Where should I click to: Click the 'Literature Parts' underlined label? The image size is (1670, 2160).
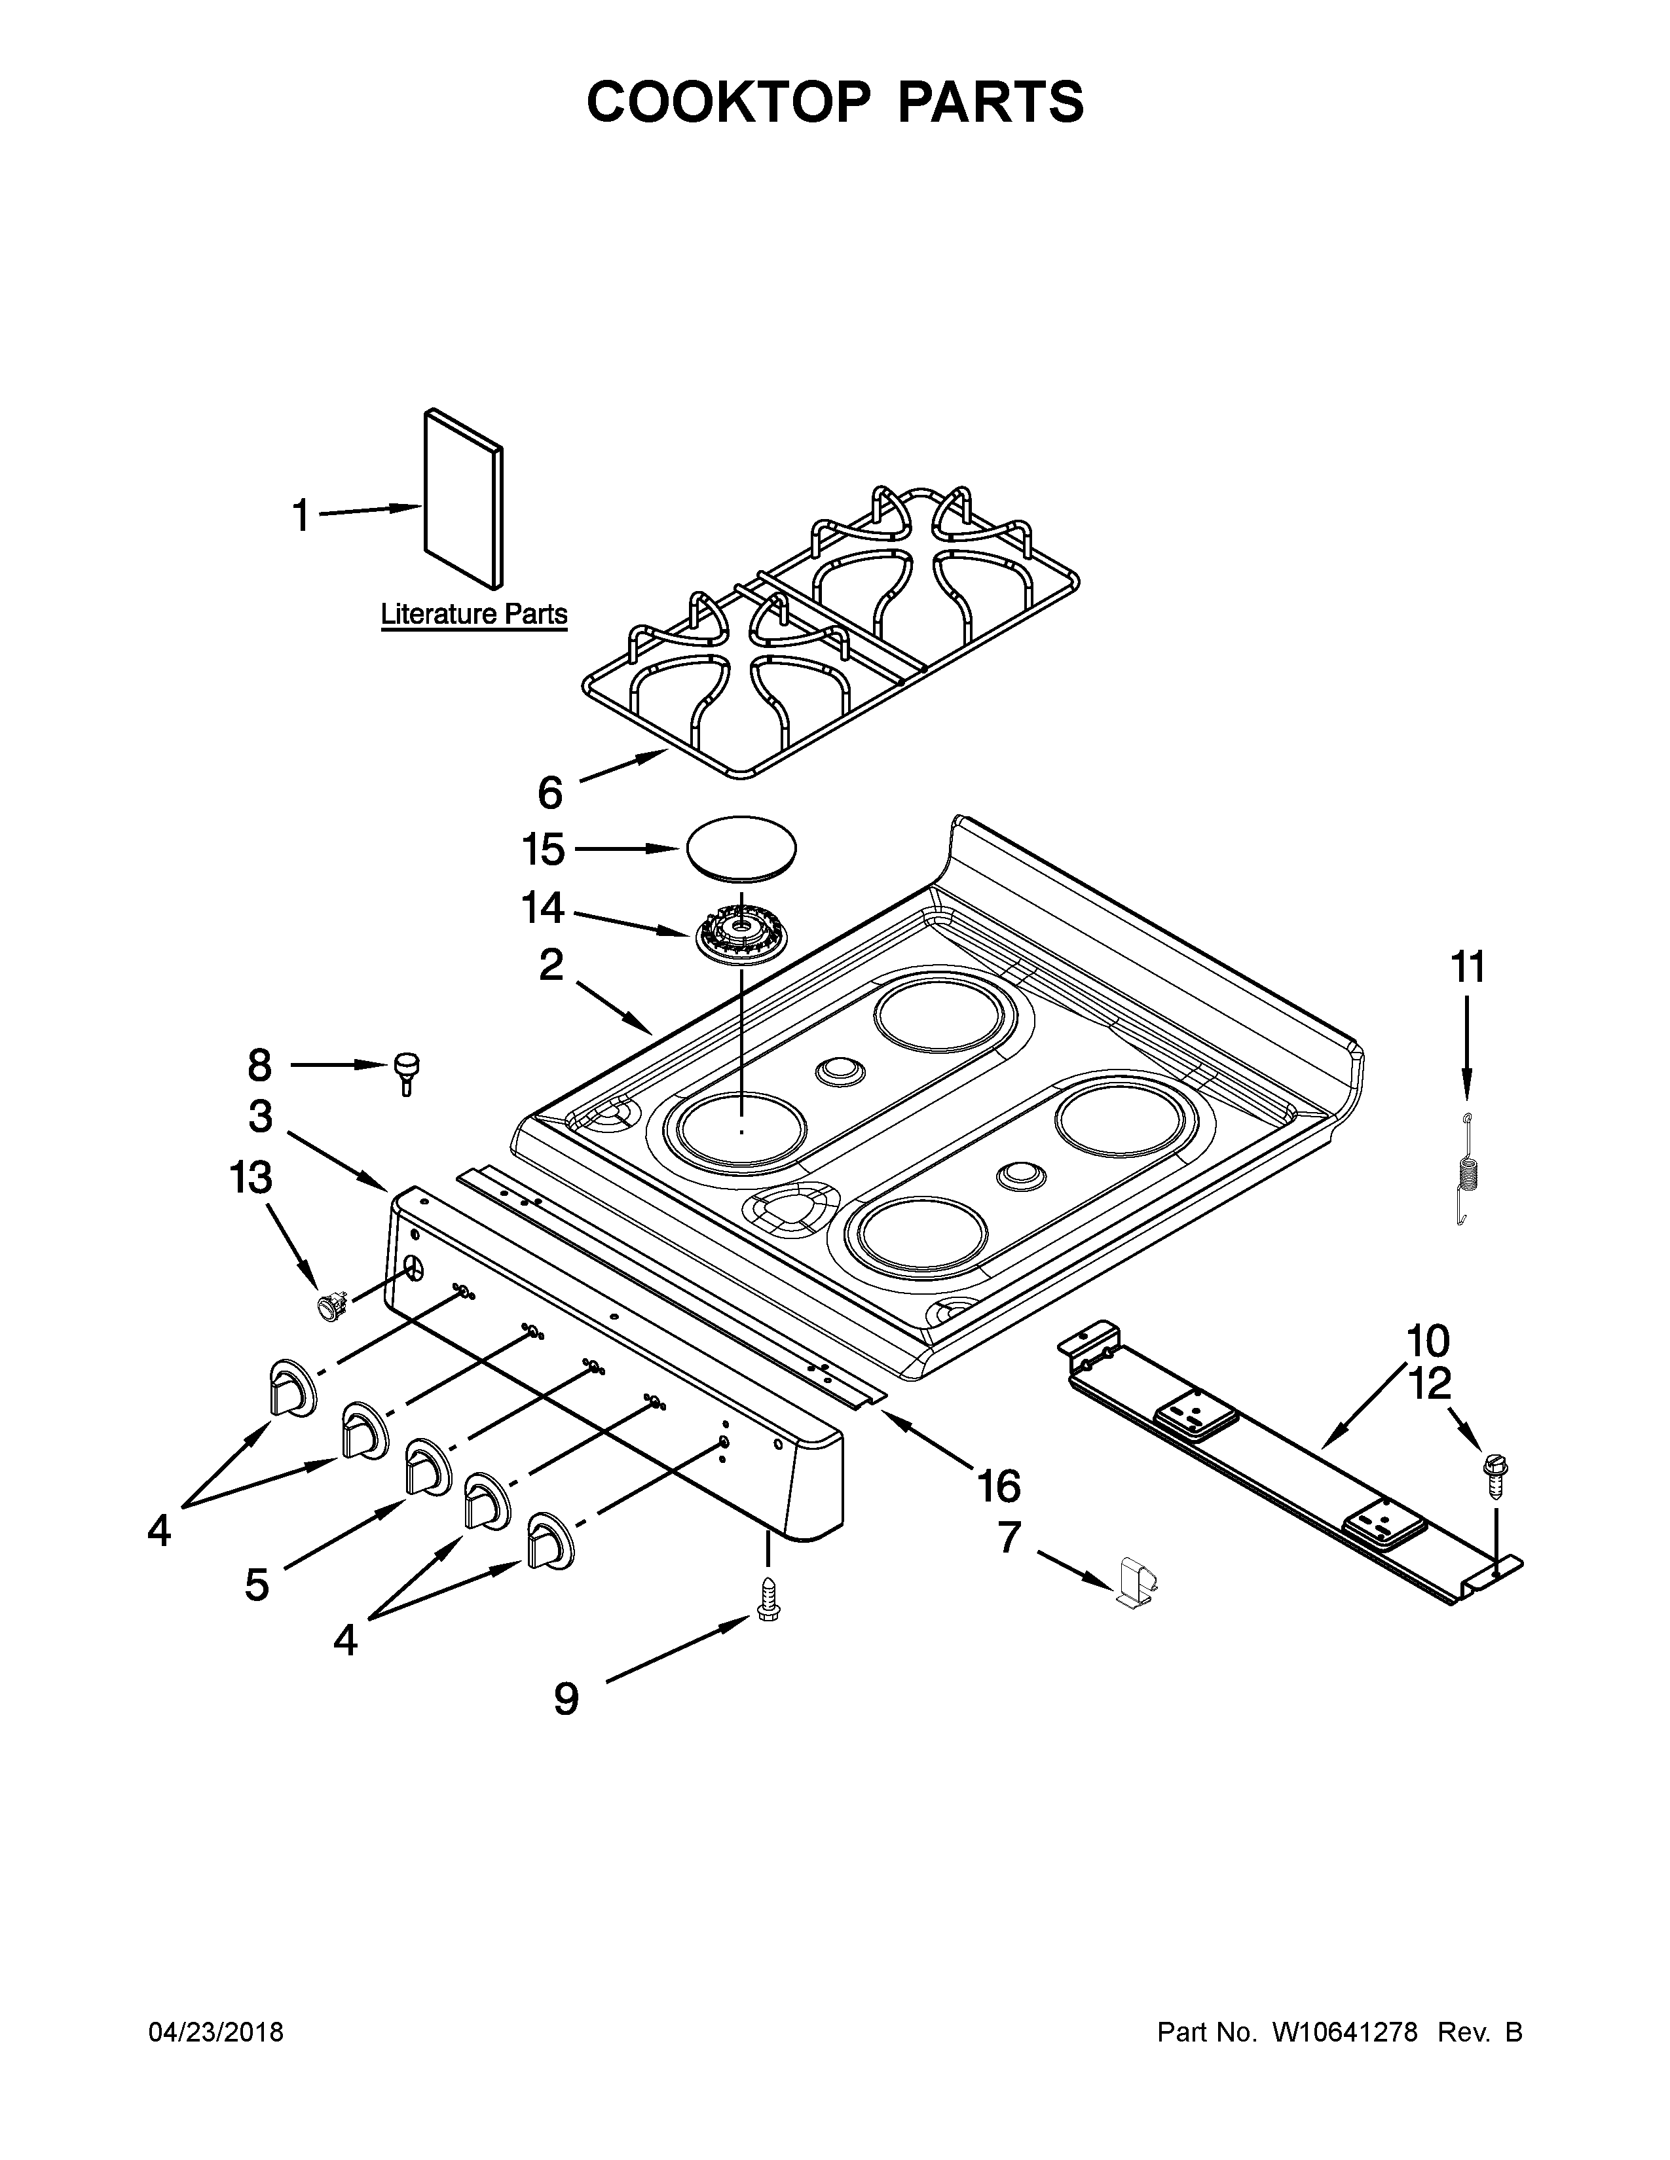pyautogui.click(x=474, y=614)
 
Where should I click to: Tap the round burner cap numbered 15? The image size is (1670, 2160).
pyautogui.click(x=739, y=846)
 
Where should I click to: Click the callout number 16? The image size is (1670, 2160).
pyautogui.click(x=998, y=1486)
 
